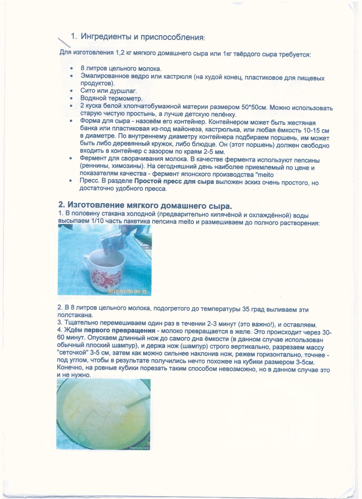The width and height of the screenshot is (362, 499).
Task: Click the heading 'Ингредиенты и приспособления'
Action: (142, 37)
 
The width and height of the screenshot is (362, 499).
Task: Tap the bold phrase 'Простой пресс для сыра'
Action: (174, 181)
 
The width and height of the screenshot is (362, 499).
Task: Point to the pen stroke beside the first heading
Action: (64, 42)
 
